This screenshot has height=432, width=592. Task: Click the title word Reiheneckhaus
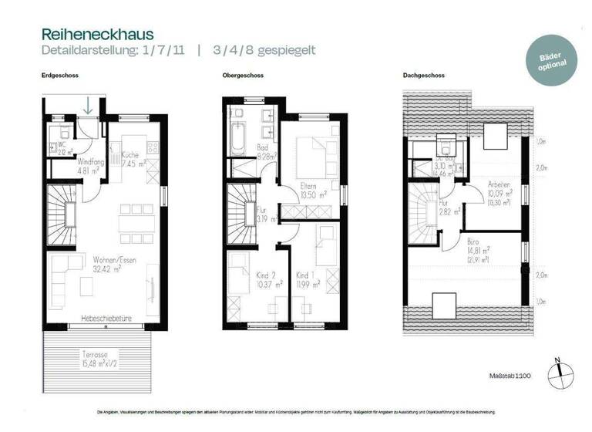coord(97,35)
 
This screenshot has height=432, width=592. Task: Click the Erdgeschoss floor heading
coord(60,76)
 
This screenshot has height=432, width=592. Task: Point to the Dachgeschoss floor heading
coord(422,76)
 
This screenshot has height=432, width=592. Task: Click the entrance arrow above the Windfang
coord(89,106)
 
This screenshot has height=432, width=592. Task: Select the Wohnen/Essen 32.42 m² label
coord(115,265)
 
